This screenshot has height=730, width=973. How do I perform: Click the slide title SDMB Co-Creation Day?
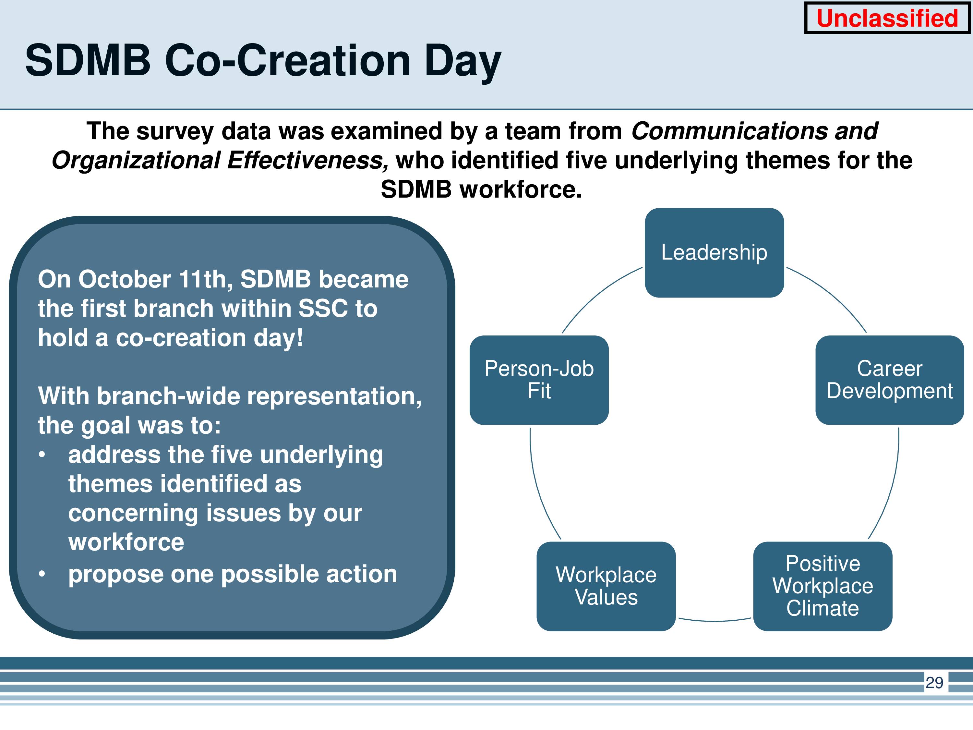coord(263,61)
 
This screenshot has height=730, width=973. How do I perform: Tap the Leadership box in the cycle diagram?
coord(715,252)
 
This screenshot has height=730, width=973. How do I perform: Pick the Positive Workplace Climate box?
coord(823,586)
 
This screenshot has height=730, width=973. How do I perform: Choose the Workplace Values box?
coord(606,586)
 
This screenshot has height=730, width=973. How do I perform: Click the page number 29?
coord(934,683)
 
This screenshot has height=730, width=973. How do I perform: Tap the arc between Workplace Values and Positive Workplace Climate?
coord(715,621)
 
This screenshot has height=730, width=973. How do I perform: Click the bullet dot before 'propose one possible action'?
coord(42,574)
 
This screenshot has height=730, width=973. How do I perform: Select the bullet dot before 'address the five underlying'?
coord(42,455)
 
